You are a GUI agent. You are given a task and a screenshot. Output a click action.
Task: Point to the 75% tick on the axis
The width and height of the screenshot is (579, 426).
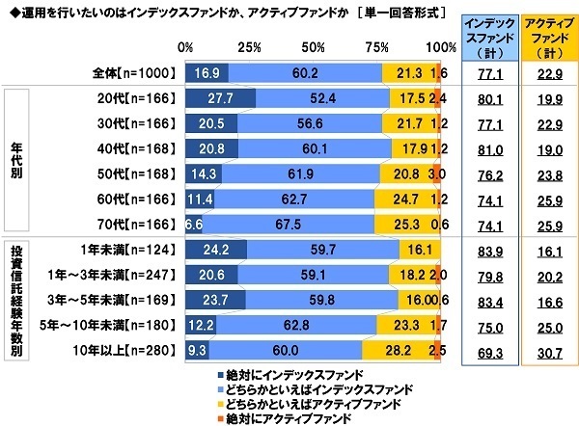pyautogui.click(x=378, y=47)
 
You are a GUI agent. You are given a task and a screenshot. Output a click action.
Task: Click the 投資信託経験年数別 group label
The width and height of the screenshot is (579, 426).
pyautogui.click(x=14, y=298)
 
